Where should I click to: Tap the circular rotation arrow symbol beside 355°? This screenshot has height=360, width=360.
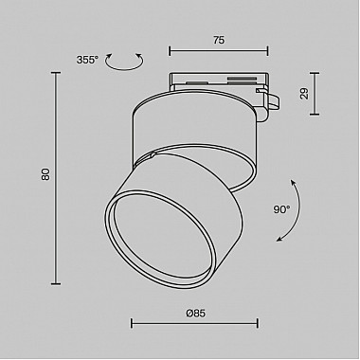(120, 63)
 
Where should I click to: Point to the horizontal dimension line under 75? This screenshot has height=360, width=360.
(218, 52)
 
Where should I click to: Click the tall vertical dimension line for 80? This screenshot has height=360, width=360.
(58, 175)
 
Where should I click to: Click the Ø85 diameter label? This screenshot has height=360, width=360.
(197, 312)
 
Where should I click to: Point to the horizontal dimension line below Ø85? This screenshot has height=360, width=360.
(197, 323)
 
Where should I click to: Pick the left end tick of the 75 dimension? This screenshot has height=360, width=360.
(170, 52)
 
